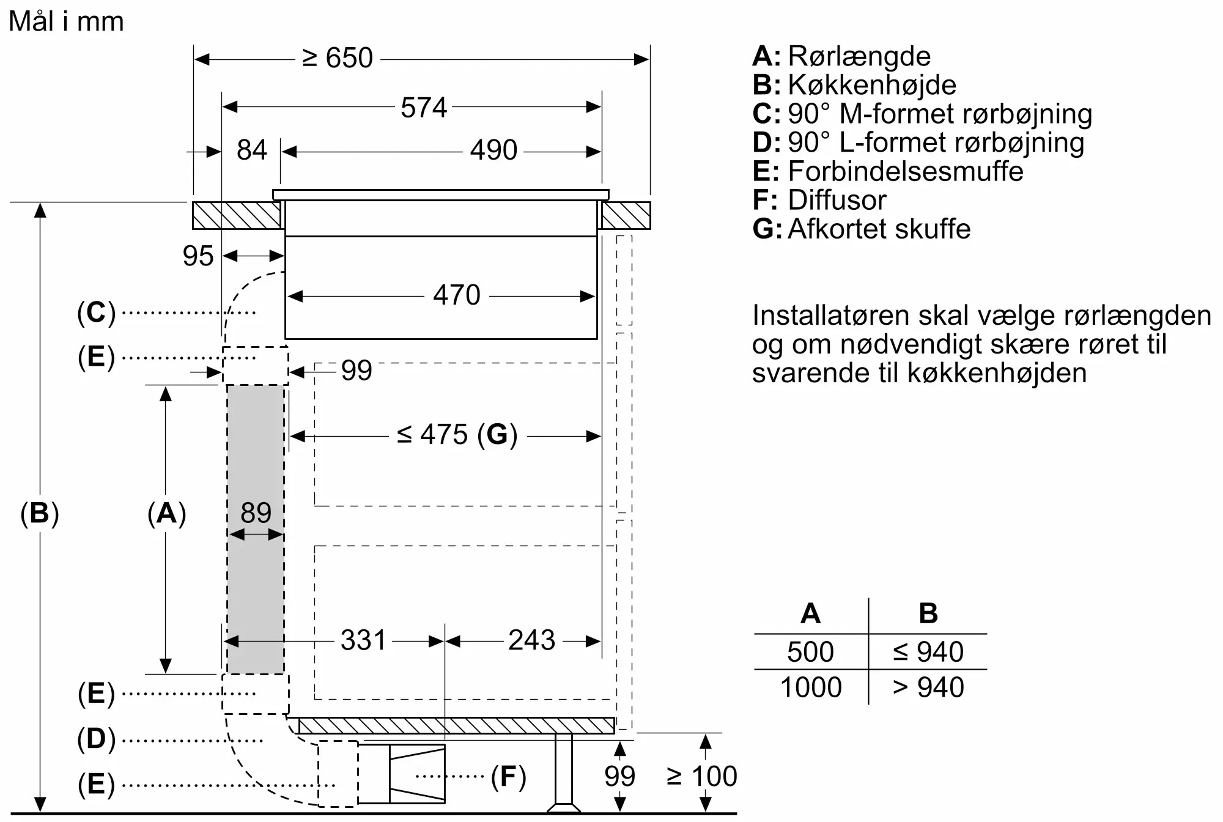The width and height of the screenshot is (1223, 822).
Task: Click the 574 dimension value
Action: (424, 108)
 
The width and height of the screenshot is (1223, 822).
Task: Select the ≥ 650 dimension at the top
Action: (338, 59)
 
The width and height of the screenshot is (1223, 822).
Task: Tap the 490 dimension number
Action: (493, 150)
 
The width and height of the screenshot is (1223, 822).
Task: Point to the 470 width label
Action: (456, 295)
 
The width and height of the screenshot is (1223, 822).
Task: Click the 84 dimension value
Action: (252, 150)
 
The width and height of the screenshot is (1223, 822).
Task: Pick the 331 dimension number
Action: (363, 641)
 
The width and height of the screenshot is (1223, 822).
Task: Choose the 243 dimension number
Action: (531, 641)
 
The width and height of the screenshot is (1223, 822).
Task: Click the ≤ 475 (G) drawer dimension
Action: (457, 435)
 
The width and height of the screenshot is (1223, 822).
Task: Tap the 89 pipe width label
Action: (256, 513)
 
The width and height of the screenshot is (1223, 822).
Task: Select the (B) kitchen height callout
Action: (40, 513)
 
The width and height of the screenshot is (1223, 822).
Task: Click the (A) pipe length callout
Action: (166, 513)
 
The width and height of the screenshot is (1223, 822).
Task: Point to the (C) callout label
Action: (96, 313)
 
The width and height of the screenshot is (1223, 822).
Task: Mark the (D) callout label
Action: (96, 739)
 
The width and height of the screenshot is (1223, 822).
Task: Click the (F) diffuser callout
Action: (508, 777)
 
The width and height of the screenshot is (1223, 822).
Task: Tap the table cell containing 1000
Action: (811, 687)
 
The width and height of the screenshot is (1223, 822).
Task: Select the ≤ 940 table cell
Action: (928, 652)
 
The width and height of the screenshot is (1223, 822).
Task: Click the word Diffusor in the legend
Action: (837, 201)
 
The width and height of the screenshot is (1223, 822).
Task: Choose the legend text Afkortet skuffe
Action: (879, 229)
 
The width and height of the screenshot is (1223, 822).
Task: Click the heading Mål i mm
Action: (66, 22)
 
